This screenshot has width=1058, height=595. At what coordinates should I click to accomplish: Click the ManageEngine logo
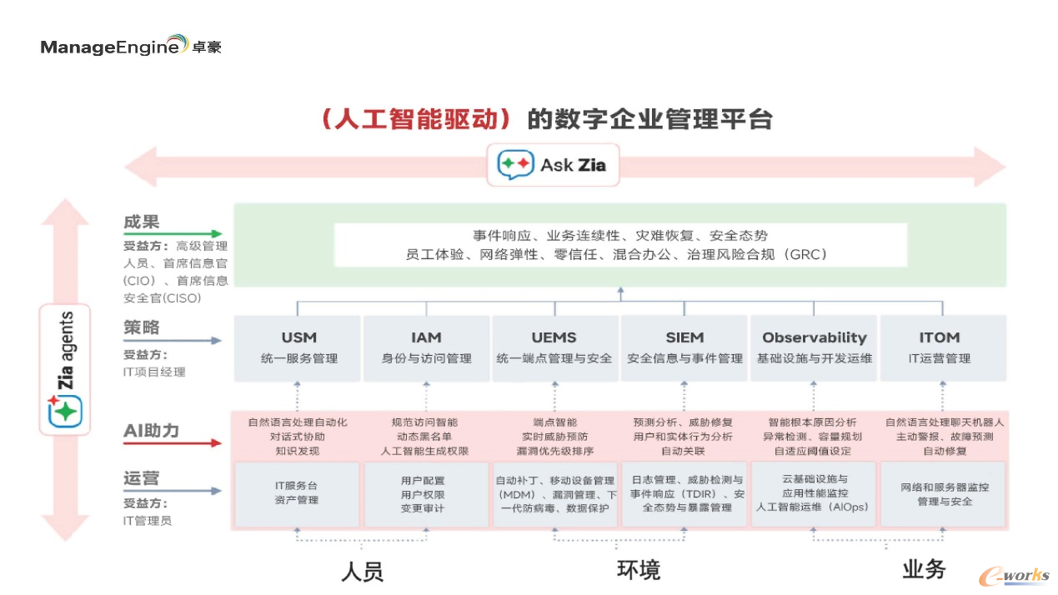[131, 45]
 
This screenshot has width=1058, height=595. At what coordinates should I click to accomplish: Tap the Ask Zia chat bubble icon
[515, 165]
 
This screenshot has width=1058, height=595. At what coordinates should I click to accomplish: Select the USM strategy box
[298, 347]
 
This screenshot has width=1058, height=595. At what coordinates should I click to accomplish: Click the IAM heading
[426, 337]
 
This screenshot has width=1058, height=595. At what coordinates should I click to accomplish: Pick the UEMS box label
[554, 337]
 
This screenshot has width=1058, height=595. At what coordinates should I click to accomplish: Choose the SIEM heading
[684, 337]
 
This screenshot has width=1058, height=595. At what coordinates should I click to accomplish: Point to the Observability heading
[814, 337]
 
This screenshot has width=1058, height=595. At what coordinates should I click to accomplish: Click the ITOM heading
[940, 337]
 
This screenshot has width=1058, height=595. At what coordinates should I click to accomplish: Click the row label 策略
[141, 327]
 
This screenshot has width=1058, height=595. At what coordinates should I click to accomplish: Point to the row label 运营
[141, 478]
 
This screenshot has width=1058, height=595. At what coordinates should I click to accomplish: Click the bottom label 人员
[363, 572]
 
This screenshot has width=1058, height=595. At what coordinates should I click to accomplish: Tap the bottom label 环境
[639, 570]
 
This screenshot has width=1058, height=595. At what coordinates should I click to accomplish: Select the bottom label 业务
[924, 570]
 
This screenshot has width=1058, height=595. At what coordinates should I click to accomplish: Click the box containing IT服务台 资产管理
[296, 493]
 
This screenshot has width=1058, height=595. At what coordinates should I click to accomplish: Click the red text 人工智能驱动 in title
[415, 119]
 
